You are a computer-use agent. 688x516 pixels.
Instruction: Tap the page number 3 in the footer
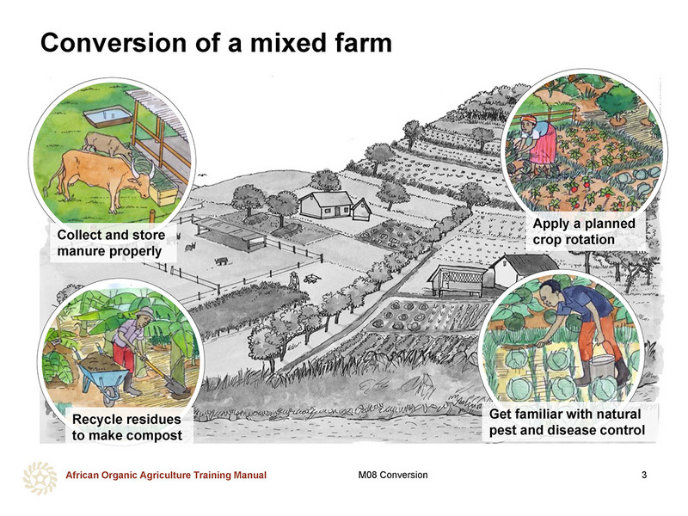(643, 475)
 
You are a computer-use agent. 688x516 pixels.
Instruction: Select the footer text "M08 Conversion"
(393, 475)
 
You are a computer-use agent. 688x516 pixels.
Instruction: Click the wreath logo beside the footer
(40, 478)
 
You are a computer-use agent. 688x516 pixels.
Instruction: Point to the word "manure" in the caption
(78, 251)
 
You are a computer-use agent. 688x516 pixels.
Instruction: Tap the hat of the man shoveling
(145, 314)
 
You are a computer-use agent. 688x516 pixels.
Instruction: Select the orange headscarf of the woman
(529, 120)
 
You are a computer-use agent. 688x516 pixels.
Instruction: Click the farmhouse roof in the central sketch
(325, 200)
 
